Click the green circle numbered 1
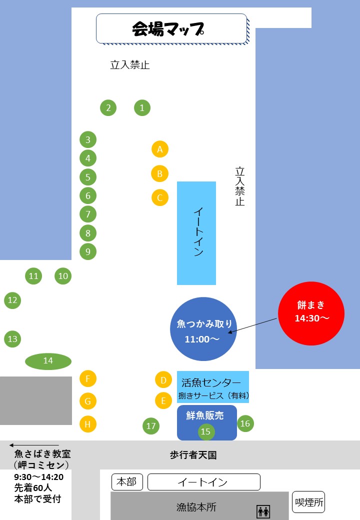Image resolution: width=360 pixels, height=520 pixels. point(142,107)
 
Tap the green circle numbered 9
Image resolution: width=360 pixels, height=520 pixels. point(88,251)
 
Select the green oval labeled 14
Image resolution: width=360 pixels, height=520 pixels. point(48,361)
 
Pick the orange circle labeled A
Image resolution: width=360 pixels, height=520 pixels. point(160,149)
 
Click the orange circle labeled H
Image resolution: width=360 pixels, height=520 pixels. point(87,424)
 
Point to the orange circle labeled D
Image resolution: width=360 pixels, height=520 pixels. point(163,380)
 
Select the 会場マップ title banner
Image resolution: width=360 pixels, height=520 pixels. point(171,28)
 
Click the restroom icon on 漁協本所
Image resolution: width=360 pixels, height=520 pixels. point(263,511)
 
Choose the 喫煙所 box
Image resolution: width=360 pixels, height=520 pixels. point(308,502)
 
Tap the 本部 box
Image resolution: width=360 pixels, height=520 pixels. point(127,482)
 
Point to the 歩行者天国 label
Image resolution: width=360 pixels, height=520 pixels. point(193,455)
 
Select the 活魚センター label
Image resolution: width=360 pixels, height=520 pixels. point(211,383)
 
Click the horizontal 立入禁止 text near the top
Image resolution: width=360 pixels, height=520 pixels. point(130,65)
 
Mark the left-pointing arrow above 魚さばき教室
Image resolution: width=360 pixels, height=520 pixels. point(34,445)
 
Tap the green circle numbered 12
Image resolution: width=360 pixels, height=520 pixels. point(12,300)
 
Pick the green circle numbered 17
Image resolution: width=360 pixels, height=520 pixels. point(151,426)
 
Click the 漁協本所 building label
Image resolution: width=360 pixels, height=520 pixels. point(196,507)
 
